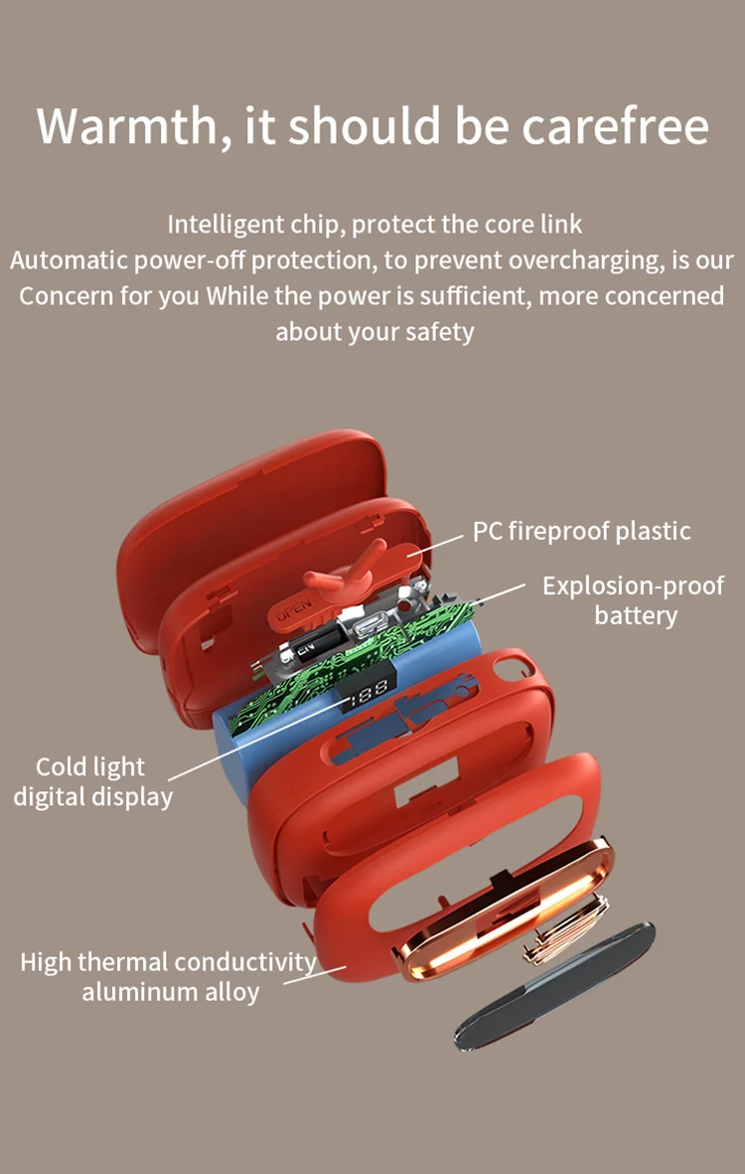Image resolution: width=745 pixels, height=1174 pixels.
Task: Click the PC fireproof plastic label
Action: click(x=581, y=531)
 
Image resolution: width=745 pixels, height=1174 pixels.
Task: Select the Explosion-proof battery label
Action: click(x=633, y=599)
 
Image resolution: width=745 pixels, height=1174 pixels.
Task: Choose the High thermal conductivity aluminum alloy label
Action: click(x=169, y=976)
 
